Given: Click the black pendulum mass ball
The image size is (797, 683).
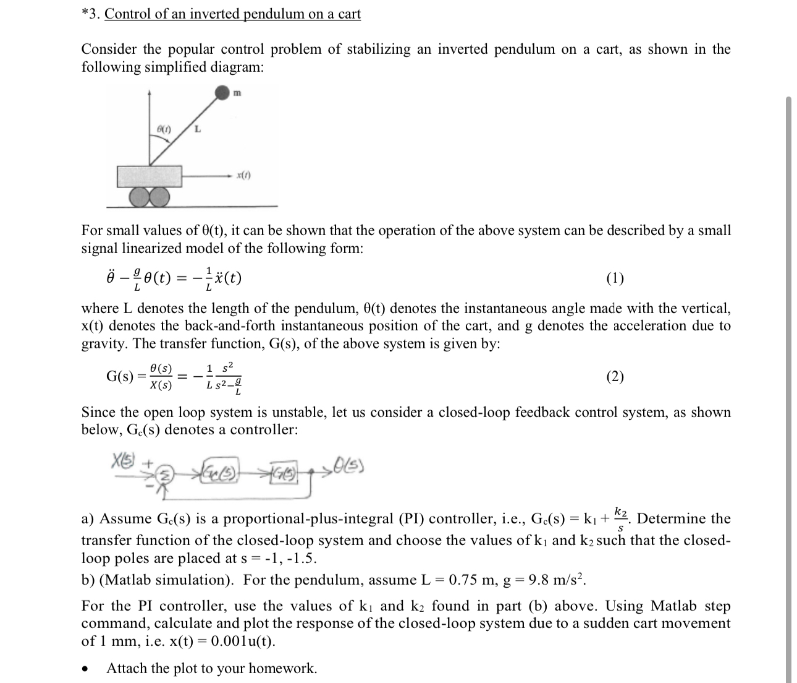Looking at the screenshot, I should [x=222, y=93].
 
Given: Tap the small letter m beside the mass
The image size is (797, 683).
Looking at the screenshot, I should [x=237, y=93].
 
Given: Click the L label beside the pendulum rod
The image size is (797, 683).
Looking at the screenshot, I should [x=197, y=129].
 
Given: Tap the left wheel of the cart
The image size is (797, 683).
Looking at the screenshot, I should [x=139, y=197].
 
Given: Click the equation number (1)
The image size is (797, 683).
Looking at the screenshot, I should [x=615, y=278].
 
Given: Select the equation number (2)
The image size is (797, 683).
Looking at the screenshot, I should [x=615, y=376].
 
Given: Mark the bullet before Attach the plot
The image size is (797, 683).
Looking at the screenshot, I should [x=90, y=669].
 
